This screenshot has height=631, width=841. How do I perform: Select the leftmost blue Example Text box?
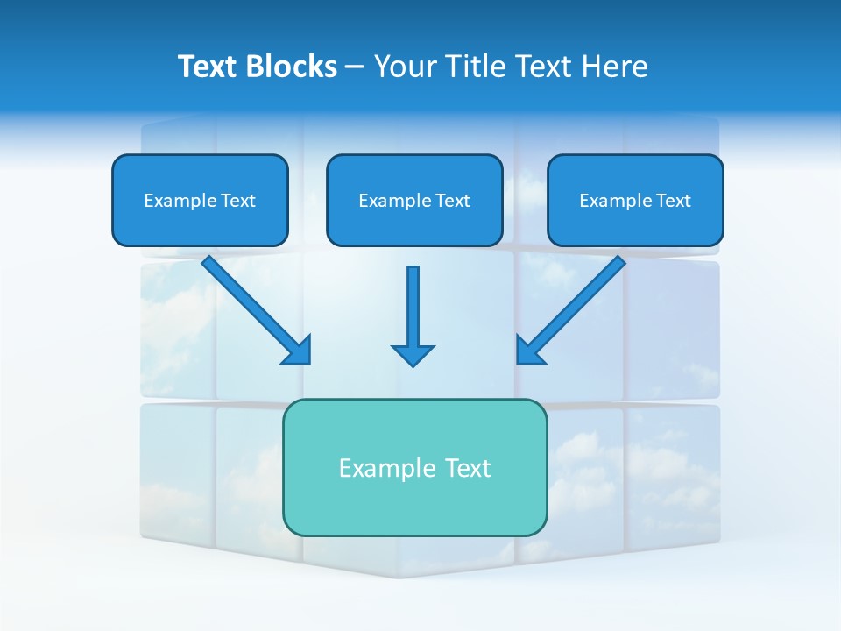tap(200, 201)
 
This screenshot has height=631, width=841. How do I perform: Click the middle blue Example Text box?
tap(414, 201)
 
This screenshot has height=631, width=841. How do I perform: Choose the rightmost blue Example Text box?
tap(635, 201)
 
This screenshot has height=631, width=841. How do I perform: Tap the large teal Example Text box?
tap(414, 467)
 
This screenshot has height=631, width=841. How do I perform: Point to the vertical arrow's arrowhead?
tap(413, 354)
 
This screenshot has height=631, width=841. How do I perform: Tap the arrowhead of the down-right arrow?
tap(298, 351)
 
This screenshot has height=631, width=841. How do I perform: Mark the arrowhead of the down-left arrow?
tap(530, 351)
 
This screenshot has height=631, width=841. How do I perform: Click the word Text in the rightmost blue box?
tap(673, 201)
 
